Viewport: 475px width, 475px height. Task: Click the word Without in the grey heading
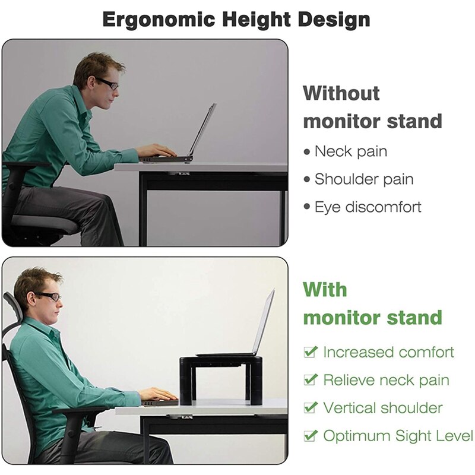point(341,93)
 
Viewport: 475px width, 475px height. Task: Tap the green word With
point(325,290)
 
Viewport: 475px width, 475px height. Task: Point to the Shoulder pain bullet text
point(363,179)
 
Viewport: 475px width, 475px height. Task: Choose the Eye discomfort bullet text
point(368,207)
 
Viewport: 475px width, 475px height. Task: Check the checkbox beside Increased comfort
point(310,352)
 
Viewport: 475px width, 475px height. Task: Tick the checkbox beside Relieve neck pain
point(310,380)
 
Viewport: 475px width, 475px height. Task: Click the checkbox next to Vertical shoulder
point(310,408)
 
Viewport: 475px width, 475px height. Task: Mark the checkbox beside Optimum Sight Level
point(310,436)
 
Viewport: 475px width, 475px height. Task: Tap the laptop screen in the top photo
point(202,128)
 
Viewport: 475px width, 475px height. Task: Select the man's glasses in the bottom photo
point(47,296)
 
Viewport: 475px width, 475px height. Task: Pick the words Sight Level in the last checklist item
point(431,436)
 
